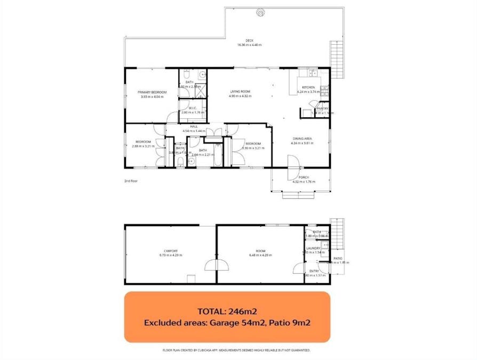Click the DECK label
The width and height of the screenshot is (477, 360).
[249, 41]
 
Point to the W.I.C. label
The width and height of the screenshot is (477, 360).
[193, 108]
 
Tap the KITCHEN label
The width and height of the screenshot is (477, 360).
[308, 87]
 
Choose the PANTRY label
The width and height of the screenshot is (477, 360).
[323, 109]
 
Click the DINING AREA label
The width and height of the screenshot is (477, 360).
[301, 138]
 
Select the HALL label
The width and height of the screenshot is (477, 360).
[194, 126]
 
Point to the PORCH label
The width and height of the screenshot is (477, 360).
[304, 178]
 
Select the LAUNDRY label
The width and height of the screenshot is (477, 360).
[314, 248]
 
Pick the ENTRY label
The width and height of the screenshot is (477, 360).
[314, 271]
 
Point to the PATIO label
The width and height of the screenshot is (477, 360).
[338, 258]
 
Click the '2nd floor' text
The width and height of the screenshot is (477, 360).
[131, 181]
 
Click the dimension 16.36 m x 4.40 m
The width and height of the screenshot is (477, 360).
[249, 45]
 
